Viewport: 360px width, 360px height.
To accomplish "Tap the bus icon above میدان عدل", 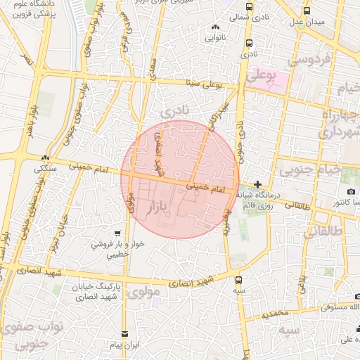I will (307, 11).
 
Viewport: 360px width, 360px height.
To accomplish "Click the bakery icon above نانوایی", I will (215, 27).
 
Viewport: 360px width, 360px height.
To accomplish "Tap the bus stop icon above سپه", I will (240, 279).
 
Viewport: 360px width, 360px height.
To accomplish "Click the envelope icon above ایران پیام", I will (125, 334).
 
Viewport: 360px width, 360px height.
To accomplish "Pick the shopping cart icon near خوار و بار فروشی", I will (118, 233).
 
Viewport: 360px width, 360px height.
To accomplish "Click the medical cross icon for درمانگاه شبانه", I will (258, 184).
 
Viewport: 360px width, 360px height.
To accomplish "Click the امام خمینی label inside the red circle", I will (212, 188).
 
